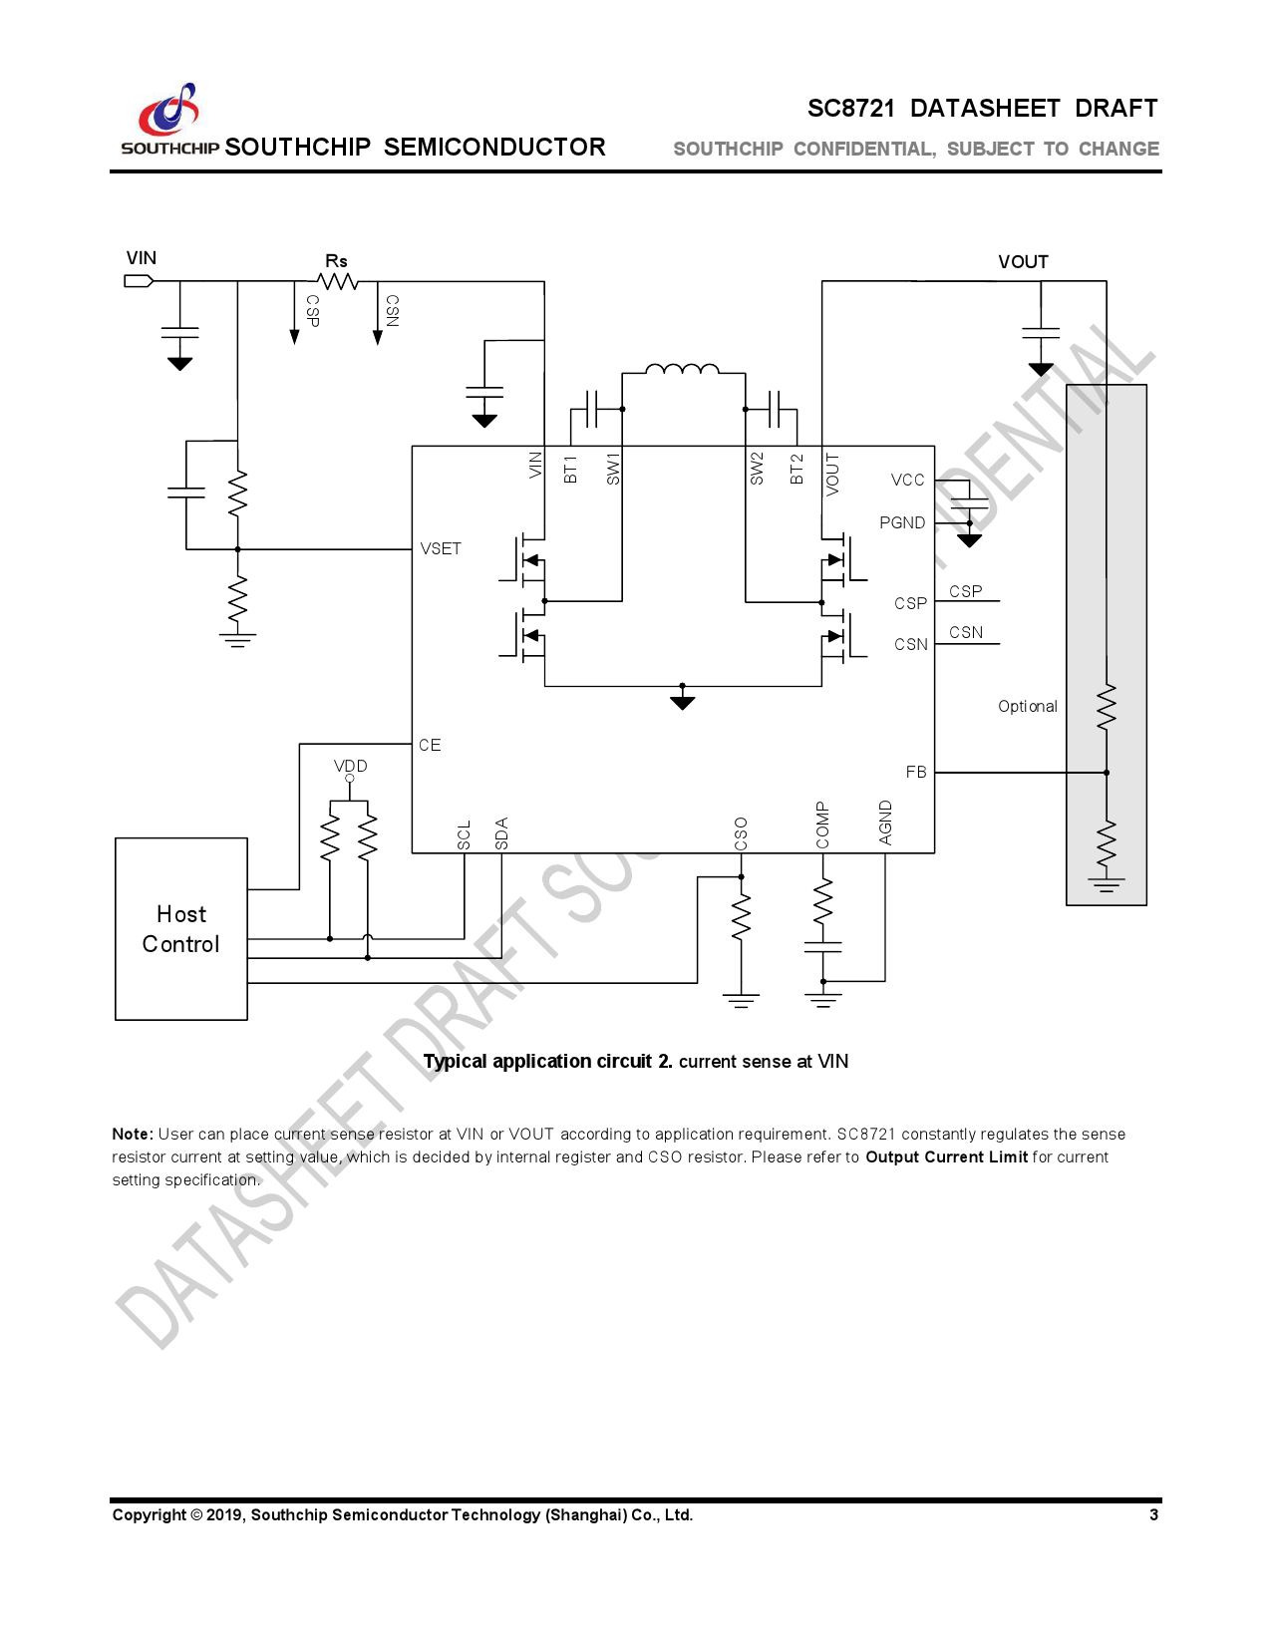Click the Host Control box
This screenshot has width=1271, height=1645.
point(180,928)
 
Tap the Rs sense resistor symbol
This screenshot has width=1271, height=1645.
point(339,281)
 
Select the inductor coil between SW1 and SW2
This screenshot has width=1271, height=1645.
point(682,370)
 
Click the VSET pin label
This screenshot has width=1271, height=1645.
point(441,549)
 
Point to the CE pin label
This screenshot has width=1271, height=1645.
point(430,746)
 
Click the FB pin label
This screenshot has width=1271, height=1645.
point(916,773)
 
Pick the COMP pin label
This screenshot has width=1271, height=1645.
point(822,824)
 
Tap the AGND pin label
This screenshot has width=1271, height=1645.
point(885,822)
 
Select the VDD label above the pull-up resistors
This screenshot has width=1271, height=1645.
point(350,766)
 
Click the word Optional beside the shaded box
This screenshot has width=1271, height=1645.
point(1027,707)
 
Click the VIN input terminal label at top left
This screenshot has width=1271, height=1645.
point(141,258)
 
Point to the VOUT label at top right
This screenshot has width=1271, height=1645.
point(1023,262)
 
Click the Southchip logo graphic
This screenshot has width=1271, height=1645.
point(169,110)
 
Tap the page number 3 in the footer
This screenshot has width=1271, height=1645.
point(1153,1515)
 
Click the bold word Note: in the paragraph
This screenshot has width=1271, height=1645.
point(133,1135)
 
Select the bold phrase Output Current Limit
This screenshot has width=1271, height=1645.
point(946,1157)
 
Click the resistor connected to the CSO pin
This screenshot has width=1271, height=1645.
point(741,917)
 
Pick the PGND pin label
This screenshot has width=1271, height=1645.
point(902,523)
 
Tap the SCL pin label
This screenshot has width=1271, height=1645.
point(464,835)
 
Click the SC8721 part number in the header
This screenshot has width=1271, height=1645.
point(851,109)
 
